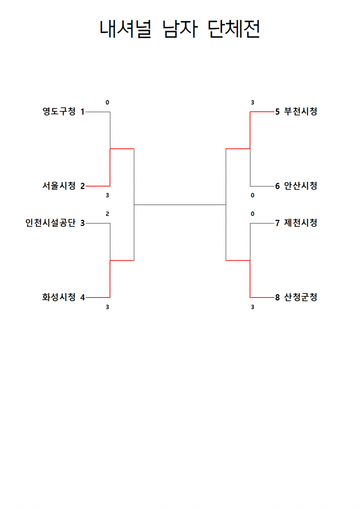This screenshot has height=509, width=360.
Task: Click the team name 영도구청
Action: (x=59, y=111)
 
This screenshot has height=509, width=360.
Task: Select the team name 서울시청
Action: (x=59, y=186)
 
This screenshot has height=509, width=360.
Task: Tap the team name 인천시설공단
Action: (x=50, y=223)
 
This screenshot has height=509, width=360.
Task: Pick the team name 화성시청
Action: (x=59, y=297)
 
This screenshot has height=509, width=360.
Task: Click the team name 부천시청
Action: (x=300, y=111)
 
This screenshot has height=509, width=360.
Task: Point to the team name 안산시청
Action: (x=300, y=186)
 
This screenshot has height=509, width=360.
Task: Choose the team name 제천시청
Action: (x=300, y=223)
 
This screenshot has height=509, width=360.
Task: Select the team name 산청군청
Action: (x=300, y=297)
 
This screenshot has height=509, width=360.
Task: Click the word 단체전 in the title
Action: (x=234, y=29)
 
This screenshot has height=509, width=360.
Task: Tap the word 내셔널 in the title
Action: (x=125, y=29)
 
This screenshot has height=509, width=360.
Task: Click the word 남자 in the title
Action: (x=180, y=29)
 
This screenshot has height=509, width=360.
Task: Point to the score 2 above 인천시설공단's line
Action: (x=107, y=214)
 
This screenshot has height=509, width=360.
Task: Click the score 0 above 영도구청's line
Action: (x=107, y=103)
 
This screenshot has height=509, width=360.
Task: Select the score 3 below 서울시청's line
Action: (x=107, y=195)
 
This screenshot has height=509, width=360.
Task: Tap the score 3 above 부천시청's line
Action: (x=252, y=103)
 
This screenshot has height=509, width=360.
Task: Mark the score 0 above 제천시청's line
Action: (x=252, y=214)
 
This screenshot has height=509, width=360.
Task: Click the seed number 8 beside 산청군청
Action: (x=277, y=298)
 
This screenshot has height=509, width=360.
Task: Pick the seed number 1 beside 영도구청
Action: (x=82, y=112)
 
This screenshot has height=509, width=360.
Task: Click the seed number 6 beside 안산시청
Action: (x=277, y=186)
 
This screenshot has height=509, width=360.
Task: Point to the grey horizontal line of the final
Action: (x=180, y=205)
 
